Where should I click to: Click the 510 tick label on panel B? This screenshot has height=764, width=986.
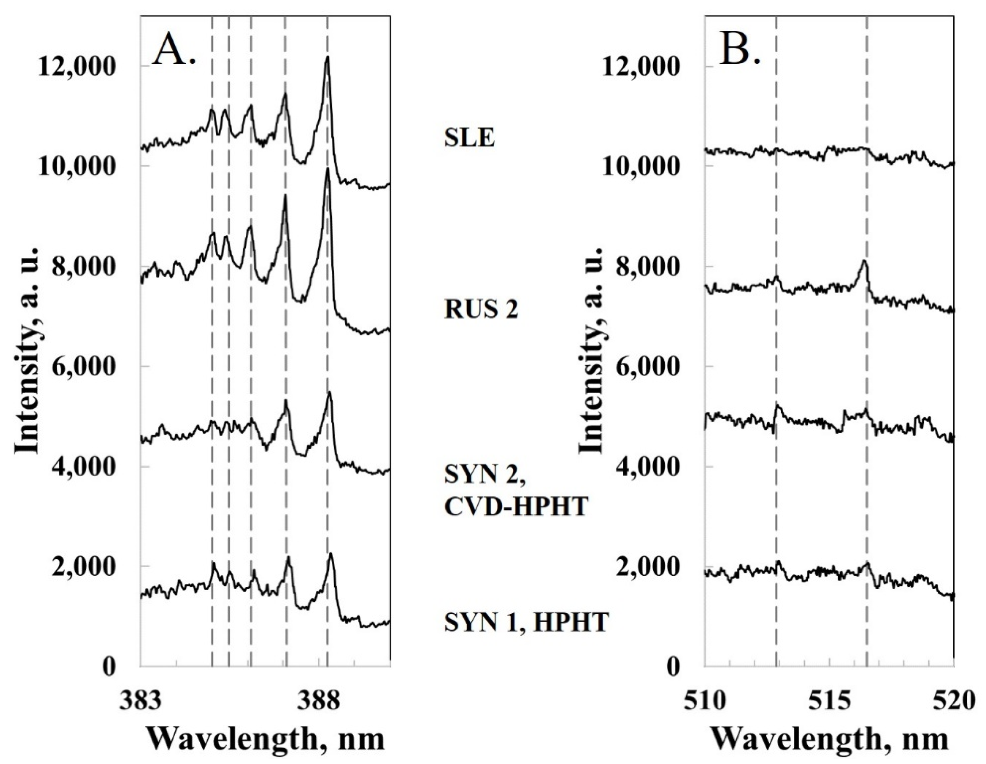tap(705, 703)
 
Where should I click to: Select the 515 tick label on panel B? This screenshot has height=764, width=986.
tap(830, 703)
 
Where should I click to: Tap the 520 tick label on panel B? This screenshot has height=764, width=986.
tap(954, 703)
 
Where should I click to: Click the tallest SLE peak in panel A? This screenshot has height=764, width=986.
tap(328, 58)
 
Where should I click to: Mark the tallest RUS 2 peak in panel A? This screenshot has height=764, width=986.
tap(328, 170)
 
